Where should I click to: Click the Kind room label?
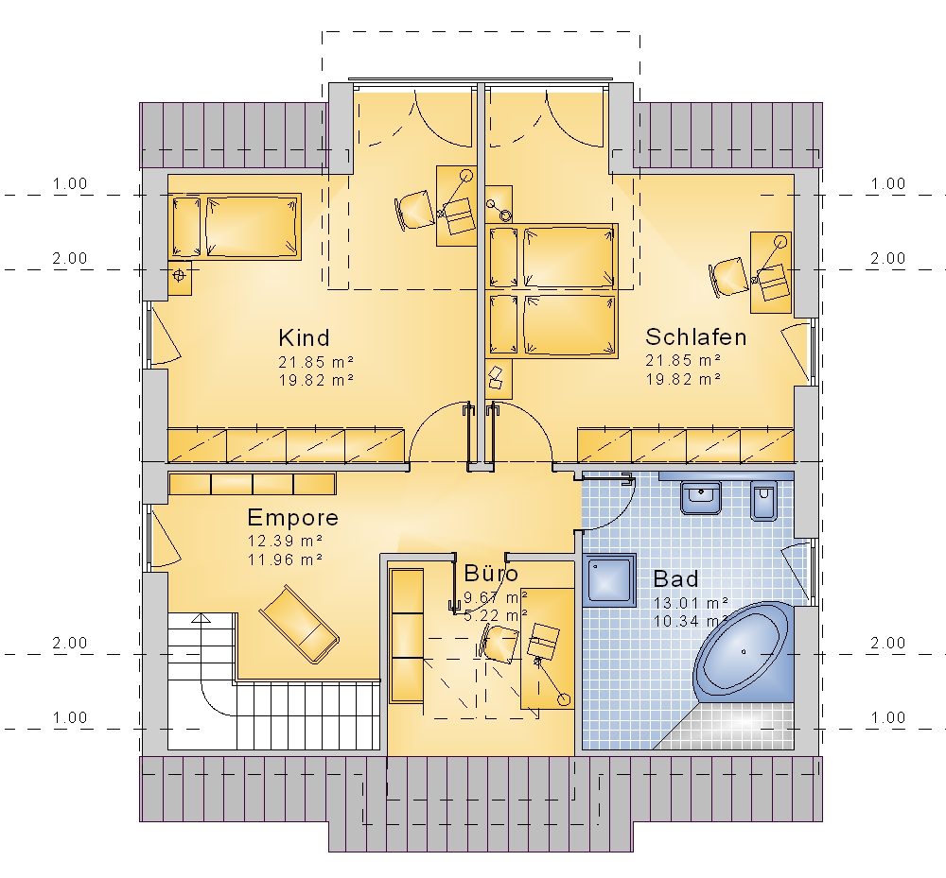coord(304,337)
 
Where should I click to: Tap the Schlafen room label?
coord(695,336)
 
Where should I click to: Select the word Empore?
coord(292,518)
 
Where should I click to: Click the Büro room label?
coord(490,573)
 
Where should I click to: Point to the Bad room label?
coord(675,579)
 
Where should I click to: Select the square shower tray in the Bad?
coord(610,579)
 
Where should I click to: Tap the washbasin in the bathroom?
coord(700,497)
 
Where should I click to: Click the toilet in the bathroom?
coord(763,500)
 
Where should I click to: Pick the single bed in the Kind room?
coord(235,227)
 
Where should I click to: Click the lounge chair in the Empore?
coord(299,624)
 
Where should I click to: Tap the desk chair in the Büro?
coord(499,643)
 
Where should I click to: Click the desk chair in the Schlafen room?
coord(728,277)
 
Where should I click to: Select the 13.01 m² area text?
coord(691,602)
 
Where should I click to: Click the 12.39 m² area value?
coord(285,541)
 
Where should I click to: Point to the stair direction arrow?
coord(201,618)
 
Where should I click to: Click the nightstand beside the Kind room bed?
coord(179,278)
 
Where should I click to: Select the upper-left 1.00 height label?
coord(70,183)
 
